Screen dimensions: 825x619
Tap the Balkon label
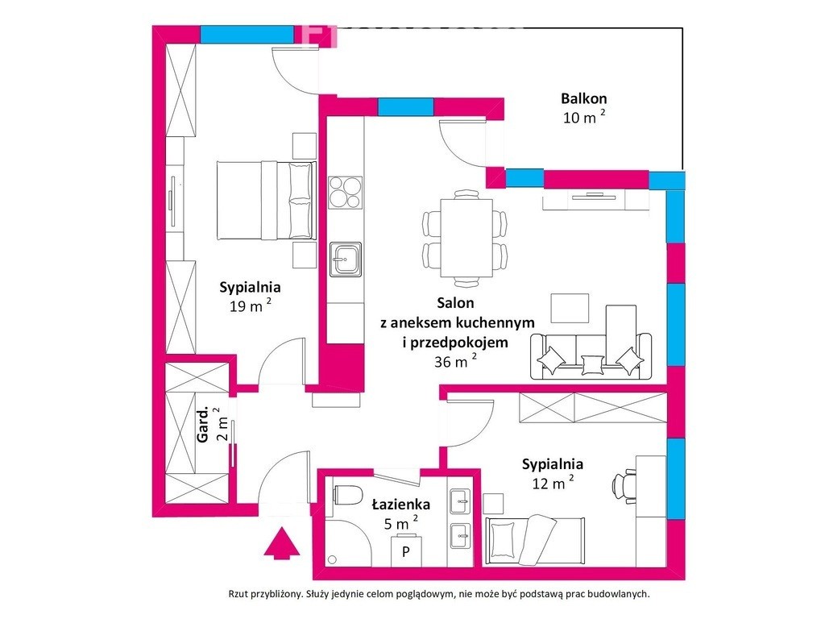coord(583,98)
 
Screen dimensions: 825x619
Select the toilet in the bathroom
coord(348,496)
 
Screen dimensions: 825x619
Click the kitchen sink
coord(345,259)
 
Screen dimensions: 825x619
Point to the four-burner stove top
coord(345,193)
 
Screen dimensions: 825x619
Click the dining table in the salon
coord(466,238)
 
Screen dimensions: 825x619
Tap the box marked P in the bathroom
coord(406,550)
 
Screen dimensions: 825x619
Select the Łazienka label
coord(401,505)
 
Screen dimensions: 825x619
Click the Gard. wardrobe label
coord(203,424)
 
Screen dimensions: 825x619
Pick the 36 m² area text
coord(456,361)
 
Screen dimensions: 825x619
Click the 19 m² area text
coord(251,305)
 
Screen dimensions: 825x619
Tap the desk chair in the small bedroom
coord(624,486)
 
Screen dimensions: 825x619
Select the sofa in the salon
coord(591,355)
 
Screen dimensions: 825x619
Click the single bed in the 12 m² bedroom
coord(535,541)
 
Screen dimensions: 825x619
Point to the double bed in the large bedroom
coord(267,200)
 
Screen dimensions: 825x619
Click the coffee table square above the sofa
coord(570,309)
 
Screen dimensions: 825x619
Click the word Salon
coord(455,303)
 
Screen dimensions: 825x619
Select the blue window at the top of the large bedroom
coord(247,34)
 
